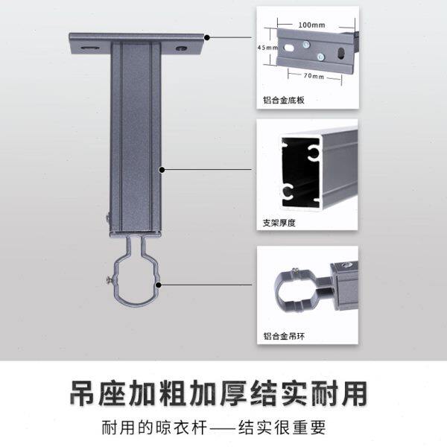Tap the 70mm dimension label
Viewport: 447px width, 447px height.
pos(314,77)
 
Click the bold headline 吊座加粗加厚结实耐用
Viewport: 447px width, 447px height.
pos(223,393)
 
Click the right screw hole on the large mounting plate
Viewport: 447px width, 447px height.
pos(181,48)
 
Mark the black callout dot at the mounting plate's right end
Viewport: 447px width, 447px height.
pos(206,37)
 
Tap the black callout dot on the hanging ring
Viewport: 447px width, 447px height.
pos(159,284)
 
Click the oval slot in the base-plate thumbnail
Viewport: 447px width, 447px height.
pos(341,54)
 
